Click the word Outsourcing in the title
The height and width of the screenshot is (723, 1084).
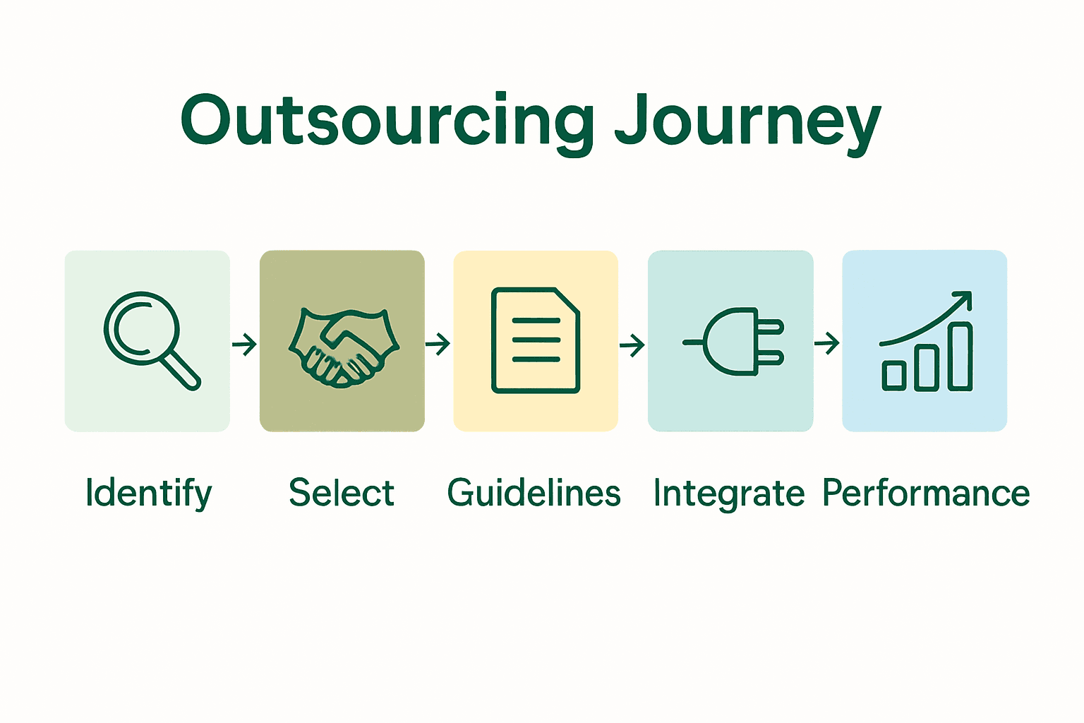click(x=387, y=121)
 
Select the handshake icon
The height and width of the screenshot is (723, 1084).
click(x=343, y=347)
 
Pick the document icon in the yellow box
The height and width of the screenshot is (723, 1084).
click(x=536, y=340)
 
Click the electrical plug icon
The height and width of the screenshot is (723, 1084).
click(x=734, y=341)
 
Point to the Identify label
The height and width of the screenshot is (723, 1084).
click(x=148, y=494)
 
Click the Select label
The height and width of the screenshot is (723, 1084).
click(x=342, y=493)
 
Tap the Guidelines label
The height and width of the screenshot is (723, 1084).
click(x=534, y=493)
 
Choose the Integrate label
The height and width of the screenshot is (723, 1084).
click(x=728, y=494)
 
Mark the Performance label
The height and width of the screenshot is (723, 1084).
click(x=926, y=493)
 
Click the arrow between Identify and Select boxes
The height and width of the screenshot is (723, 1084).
click(x=244, y=345)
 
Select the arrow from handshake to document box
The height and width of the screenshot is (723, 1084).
click(x=438, y=345)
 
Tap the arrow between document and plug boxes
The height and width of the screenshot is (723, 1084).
click(x=632, y=345)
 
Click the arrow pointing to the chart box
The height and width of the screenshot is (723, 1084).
click(x=827, y=344)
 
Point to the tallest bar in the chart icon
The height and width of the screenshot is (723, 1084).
click(x=960, y=357)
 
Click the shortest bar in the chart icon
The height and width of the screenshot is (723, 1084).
click(x=894, y=376)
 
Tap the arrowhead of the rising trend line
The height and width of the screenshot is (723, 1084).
click(x=964, y=299)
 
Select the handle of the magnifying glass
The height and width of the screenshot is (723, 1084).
click(x=181, y=371)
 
